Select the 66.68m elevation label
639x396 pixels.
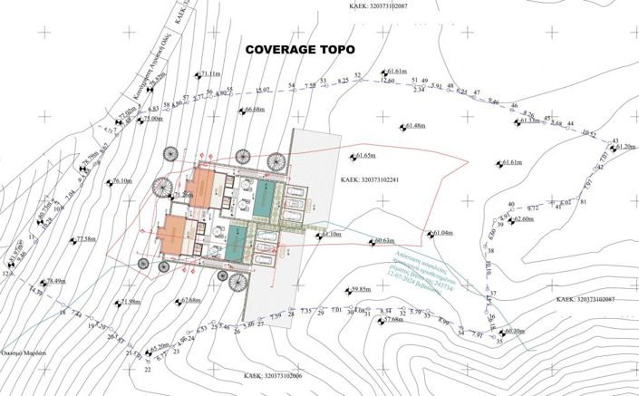point(254,110)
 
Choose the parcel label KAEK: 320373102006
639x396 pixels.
point(273,374)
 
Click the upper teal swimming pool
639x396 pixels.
point(266,198)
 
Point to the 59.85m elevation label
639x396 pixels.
point(361,290)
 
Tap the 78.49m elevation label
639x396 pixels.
point(56,281)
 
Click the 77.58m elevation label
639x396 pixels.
point(85,239)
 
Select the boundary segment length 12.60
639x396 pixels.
point(387,82)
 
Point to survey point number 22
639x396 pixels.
point(148,370)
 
